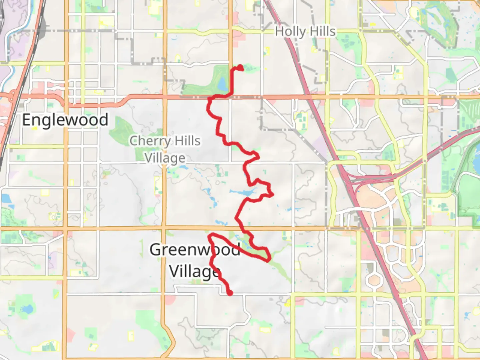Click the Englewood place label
(65, 120)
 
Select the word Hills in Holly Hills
(321, 31)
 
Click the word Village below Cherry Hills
(165, 158)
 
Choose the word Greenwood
(195, 250)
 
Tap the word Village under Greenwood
(195, 271)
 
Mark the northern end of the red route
(241, 69)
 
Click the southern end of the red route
(230, 293)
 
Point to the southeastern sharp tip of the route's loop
(268, 261)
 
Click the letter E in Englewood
(27, 120)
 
